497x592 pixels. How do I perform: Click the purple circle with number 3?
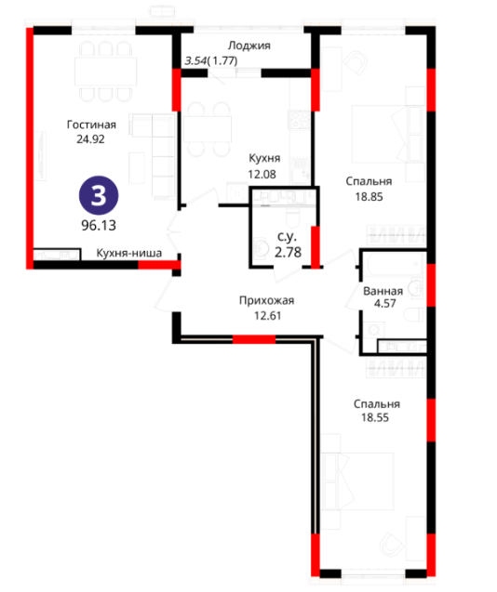point(99,195)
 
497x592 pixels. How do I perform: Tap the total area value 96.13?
point(99,226)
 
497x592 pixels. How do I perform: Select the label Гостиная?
point(91,125)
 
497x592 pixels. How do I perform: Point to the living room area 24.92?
point(91,139)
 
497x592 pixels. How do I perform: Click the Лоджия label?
point(249,46)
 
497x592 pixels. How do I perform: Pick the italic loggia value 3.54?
point(195,60)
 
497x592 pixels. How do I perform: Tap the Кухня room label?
point(264,158)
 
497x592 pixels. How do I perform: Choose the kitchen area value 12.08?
point(262,174)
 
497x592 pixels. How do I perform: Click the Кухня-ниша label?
point(129,253)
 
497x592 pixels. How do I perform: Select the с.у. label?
point(287,237)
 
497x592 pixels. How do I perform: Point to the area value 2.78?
point(289,252)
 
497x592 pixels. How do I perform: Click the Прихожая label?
point(267,300)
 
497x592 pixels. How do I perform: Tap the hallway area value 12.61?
point(268,316)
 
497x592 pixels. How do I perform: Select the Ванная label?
point(383,291)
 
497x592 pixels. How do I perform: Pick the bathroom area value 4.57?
point(385,304)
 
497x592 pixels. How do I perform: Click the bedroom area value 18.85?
point(369,197)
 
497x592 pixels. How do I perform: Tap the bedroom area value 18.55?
point(375,417)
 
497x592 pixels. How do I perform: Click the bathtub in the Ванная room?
point(396,264)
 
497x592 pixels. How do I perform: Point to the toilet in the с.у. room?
point(293,217)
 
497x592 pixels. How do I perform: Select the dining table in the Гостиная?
point(105,72)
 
